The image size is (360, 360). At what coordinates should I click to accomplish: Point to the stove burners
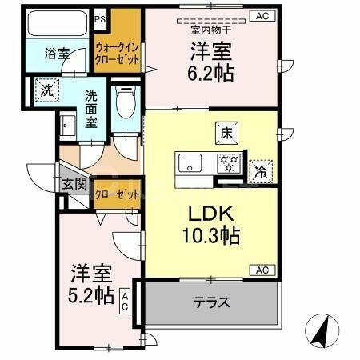click(229, 163)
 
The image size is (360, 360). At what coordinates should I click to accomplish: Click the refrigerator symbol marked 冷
click(261, 170)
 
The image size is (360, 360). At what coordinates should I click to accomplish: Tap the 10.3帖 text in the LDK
click(211, 237)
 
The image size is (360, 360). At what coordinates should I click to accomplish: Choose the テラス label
click(211, 302)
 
